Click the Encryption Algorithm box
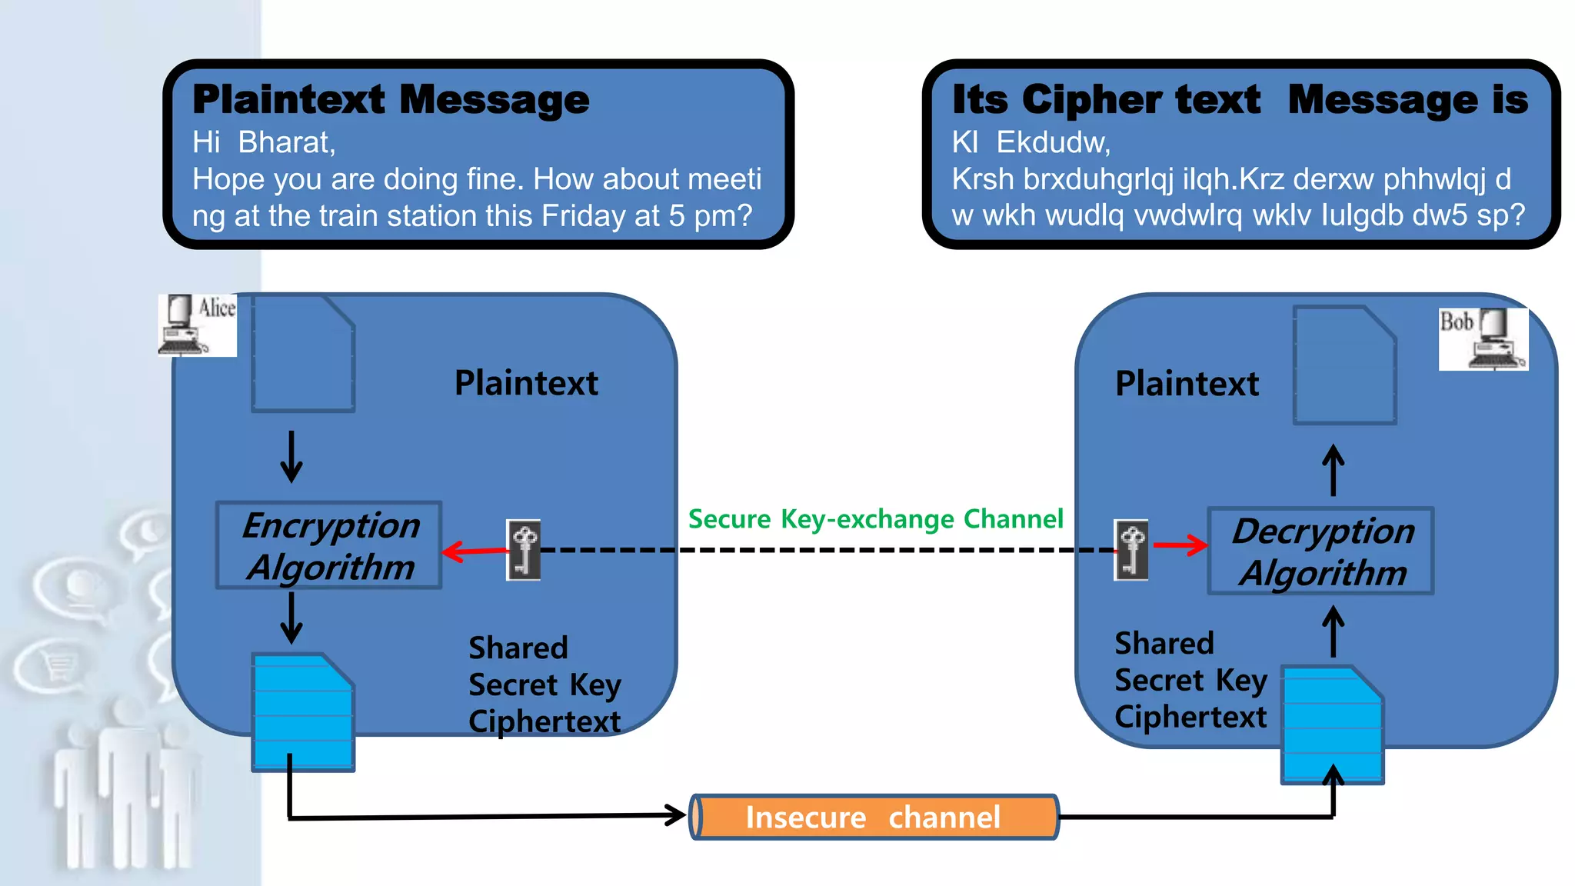pos(329,545)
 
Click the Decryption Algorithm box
pos(1320,551)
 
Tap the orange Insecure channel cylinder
pos(874,817)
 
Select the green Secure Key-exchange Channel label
pos(875,519)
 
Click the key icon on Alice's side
pos(524,550)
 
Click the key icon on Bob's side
pos(1131,550)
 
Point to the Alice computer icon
pos(197,325)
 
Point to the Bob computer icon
pos(1483,339)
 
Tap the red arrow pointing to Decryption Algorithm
pos(1180,545)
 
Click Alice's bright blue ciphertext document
pos(303,712)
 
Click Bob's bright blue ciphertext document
pos(1332,725)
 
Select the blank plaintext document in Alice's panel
pos(303,354)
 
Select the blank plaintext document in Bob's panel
pos(1344,365)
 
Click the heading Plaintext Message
pos(391,100)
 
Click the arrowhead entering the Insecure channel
pos(675,815)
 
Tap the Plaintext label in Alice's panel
pos(526,383)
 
